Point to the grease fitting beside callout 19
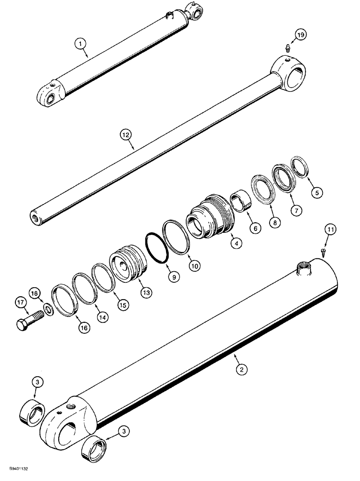tap(286, 47)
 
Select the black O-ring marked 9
tap(155, 248)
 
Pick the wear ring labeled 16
tap(64, 301)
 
